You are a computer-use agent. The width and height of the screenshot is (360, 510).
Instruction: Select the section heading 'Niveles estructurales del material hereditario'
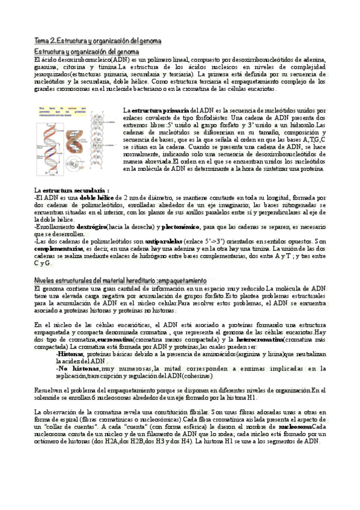click(121, 281)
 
